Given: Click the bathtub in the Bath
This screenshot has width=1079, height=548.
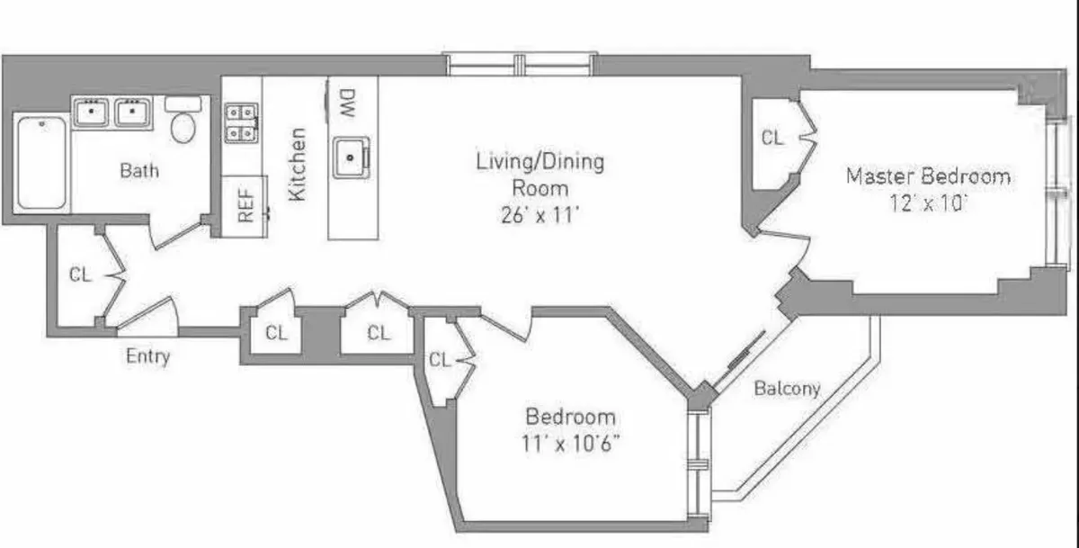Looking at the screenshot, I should (41, 163).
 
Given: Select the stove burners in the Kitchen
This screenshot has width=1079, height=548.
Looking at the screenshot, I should (241, 122).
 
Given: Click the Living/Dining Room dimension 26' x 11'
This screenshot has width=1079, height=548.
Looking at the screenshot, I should (539, 215).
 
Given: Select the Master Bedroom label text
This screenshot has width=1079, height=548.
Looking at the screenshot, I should (928, 176).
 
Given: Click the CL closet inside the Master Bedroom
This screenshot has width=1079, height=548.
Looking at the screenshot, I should (772, 139).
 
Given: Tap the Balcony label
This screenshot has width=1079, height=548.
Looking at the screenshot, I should (787, 389).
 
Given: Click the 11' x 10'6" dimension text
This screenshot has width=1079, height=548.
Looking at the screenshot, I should (571, 443).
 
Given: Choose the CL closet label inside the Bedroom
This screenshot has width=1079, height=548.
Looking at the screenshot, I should (440, 360).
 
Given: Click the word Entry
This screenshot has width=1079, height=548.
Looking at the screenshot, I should (148, 356).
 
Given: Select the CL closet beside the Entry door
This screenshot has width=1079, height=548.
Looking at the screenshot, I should (81, 275).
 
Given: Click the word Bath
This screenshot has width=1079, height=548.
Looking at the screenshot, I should (139, 169).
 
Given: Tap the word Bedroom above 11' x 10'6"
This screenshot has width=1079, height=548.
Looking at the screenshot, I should (571, 417).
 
